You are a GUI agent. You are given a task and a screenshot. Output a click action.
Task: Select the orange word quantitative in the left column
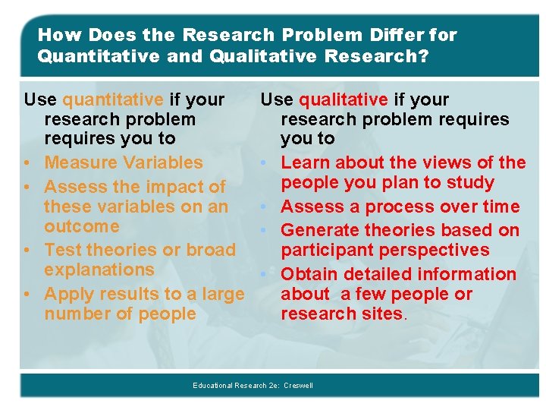coord(113,99)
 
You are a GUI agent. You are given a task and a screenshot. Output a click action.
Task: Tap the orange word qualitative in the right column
coord(344,99)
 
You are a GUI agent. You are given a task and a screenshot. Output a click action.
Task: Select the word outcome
coord(81,226)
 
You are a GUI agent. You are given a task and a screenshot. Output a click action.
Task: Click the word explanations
coord(99,270)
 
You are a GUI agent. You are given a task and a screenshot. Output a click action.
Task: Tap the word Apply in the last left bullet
coord(67,294)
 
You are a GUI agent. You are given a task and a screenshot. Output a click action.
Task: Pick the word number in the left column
coord(76,314)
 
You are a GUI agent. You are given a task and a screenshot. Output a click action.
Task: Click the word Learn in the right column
coord(305,162)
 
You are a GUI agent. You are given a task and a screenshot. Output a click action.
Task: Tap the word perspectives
coord(428,250)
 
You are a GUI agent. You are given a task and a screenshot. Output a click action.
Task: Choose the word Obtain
coord(308,274)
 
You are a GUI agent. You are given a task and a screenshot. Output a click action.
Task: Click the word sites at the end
coord(382,314)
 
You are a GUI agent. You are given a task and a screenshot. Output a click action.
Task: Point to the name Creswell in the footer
coord(298,386)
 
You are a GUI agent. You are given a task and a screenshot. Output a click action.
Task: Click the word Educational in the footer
coord(214,386)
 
